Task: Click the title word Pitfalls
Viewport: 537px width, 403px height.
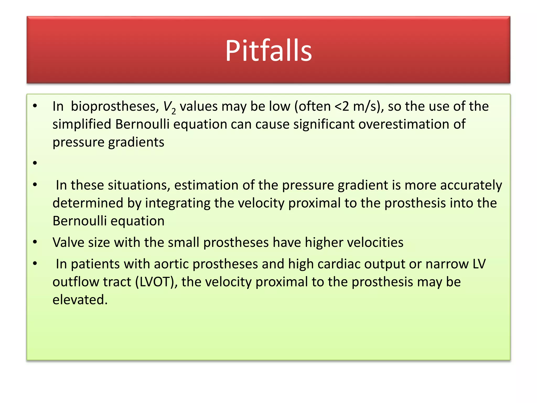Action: coord(268,50)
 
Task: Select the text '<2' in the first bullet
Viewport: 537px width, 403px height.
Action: coord(342,107)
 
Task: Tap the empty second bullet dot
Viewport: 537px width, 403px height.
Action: coord(35,163)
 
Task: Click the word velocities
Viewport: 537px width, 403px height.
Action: coord(375,242)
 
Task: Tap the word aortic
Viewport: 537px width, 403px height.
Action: coord(171,264)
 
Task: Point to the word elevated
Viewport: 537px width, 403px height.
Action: coord(80,300)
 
